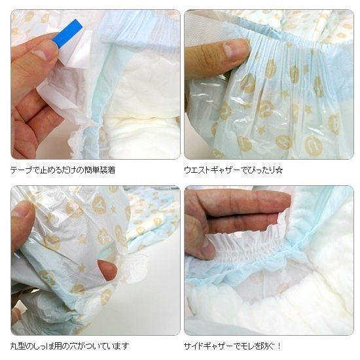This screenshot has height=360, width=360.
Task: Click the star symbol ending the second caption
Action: coord(279,170)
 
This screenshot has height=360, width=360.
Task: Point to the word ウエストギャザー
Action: coord(212,170)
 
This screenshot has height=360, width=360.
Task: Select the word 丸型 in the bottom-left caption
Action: coord(18,346)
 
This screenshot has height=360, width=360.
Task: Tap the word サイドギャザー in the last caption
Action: coord(208,346)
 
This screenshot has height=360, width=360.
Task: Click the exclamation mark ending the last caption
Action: coord(279,346)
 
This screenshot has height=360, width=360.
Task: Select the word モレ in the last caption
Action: coord(249,346)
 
